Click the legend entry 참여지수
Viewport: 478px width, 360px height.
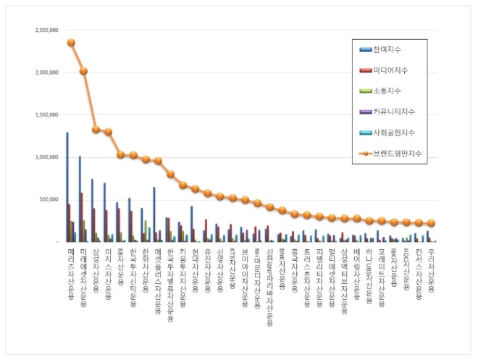click(387, 49)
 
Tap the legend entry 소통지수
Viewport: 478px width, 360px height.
click(387, 91)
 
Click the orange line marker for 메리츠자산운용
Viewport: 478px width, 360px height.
click(71, 43)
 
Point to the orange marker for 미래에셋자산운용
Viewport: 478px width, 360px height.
click(84, 71)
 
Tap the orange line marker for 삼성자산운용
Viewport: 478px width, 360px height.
click(96, 130)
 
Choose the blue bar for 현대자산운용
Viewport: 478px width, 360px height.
click(191, 223)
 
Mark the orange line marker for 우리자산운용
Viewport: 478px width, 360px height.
click(431, 223)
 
